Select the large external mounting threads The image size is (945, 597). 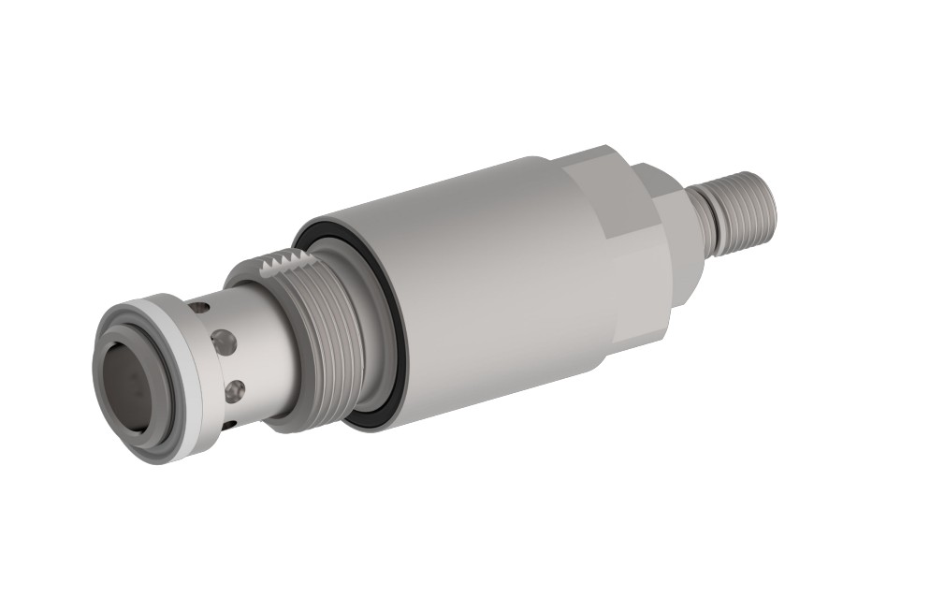click(x=327, y=337)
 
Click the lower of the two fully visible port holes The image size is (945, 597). click(x=235, y=387)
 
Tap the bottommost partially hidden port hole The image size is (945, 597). click(x=229, y=426)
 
